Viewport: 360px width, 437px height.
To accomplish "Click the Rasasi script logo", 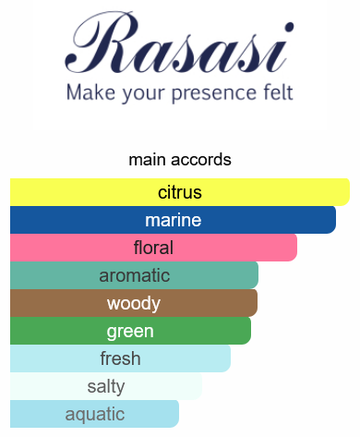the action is point(179,43).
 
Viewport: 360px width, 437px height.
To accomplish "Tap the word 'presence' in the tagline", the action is point(212,92).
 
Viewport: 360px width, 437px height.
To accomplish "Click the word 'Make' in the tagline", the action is point(90,92).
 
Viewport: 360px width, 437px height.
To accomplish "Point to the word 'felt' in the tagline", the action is point(278,91).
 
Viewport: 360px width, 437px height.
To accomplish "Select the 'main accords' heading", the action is point(180,160).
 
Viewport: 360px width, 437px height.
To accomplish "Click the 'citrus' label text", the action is point(180,192).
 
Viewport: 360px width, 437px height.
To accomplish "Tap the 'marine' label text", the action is point(174,220).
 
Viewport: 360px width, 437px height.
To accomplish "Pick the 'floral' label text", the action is point(153,248).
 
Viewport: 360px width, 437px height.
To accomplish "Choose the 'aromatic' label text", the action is point(135,275).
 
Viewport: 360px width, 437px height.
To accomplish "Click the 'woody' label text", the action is point(134,304).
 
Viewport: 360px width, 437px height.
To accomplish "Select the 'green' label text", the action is point(130,332).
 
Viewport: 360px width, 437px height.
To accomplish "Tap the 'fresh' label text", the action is point(120,358).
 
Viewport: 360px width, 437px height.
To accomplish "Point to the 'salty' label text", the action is point(106,386).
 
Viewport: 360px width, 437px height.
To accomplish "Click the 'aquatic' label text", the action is point(95,415).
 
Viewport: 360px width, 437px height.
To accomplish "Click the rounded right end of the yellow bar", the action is point(349,192).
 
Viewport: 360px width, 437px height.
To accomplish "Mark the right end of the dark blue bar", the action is point(335,220).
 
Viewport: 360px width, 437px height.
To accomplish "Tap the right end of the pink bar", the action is point(296,248).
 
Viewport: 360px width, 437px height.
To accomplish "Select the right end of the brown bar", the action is point(257,303).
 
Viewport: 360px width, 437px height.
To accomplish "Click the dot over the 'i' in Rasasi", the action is point(289,27).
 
